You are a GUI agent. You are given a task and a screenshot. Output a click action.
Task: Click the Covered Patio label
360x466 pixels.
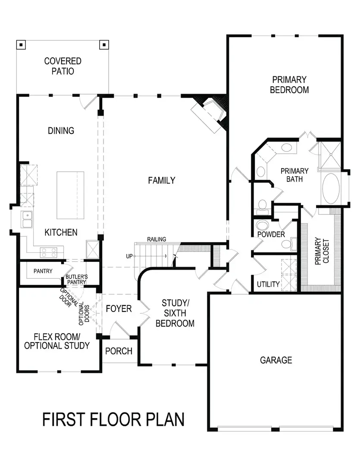click(x=63, y=66)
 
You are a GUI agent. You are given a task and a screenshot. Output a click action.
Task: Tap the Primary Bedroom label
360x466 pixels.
click(x=289, y=85)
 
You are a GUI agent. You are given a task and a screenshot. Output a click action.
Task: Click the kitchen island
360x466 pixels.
click(x=70, y=195)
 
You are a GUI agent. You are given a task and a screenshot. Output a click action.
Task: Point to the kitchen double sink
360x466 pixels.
click(x=27, y=219)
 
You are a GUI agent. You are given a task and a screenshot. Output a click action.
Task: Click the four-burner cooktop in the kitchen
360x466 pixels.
click(x=49, y=252)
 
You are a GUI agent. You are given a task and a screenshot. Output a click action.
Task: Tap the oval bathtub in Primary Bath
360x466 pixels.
click(x=331, y=189)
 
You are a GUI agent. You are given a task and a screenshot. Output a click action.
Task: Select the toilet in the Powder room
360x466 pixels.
click(x=262, y=225)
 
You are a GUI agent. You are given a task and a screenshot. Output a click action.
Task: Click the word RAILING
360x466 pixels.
click(x=157, y=239)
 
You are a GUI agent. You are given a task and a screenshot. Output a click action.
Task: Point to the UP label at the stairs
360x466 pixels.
click(x=129, y=256)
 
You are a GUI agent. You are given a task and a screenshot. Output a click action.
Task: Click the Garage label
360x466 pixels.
click(x=276, y=360)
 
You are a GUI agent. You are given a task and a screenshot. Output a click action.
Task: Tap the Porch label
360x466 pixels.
click(x=119, y=351)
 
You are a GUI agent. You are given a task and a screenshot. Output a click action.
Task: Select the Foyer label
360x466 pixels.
click(x=119, y=309)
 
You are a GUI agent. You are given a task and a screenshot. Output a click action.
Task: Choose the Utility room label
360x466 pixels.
click(x=268, y=284)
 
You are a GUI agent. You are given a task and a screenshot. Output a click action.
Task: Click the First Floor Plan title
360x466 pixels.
click(x=113, y=419)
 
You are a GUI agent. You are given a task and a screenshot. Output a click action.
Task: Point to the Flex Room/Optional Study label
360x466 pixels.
click(x=57, y=341)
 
